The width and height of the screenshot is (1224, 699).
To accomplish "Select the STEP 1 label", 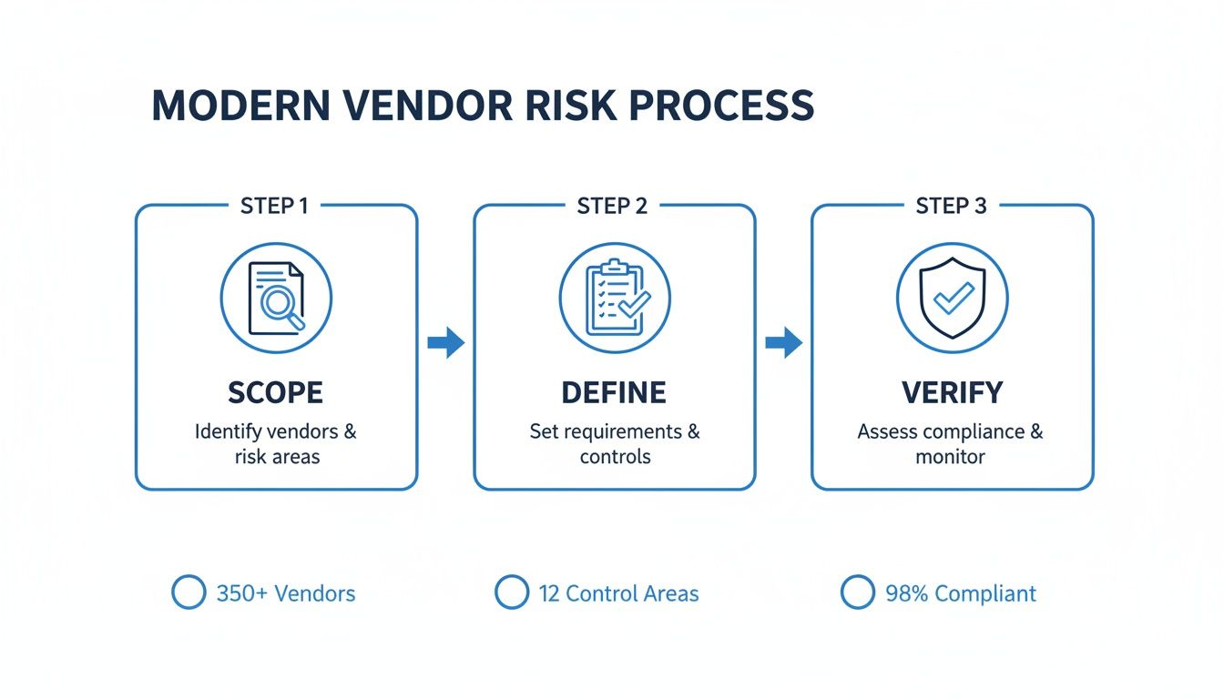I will point(273,206).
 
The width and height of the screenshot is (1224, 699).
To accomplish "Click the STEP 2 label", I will point(612,206).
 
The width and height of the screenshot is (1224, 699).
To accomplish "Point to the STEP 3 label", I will point(951,206).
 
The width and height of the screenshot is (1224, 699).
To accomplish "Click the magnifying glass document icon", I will point(276,298).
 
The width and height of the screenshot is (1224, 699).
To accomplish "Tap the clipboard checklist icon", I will point(615,298).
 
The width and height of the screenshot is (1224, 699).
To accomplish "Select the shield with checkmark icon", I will point(952,298).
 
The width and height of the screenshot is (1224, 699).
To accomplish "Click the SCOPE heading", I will point(275,393).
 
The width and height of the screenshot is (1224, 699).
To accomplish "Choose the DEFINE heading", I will point(614,393).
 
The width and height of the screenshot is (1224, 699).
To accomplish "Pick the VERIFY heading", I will point(952,393).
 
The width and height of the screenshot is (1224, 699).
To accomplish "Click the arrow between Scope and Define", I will point(445,343).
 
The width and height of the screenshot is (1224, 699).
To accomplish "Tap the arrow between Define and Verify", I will point(783,343).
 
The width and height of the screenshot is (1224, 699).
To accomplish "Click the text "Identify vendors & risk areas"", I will point(276,443).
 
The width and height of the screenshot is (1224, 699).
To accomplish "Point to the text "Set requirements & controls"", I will point(615,443).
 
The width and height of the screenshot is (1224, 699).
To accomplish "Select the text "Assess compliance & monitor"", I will point(951,443).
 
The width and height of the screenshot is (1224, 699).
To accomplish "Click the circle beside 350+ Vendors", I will point(189,593).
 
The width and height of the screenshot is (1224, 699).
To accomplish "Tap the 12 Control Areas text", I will point(618,594).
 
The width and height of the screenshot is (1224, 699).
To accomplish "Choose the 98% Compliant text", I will point(960,594).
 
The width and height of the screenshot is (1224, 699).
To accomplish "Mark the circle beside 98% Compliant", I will point(858,593).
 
